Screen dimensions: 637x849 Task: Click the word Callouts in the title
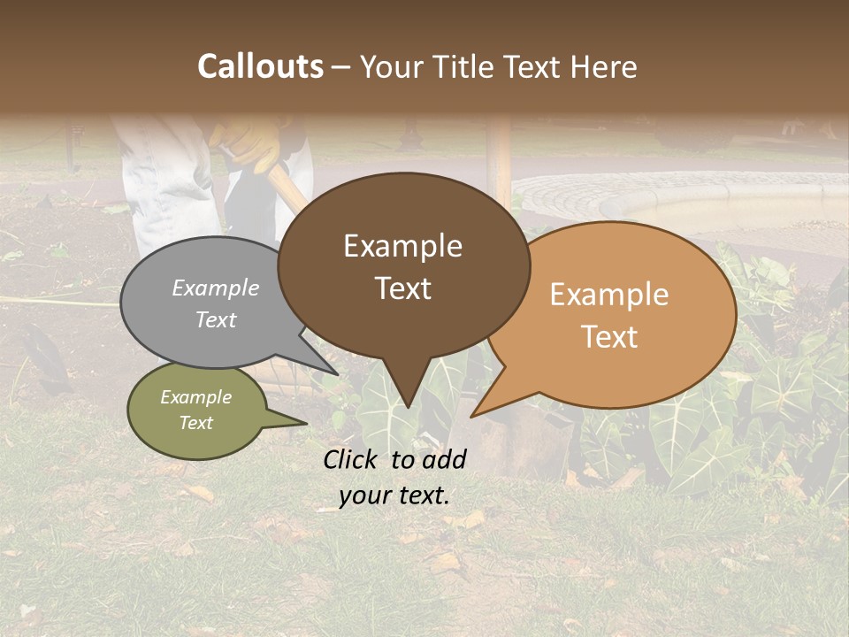tap(260, 66)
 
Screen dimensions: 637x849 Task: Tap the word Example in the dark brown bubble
tap(402, 246)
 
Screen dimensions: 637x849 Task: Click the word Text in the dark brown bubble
tap(402, 288)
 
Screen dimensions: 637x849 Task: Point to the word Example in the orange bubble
tap(609, 295)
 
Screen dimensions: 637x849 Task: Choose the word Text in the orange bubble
tap(609, 337)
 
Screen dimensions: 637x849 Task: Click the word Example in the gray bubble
tap(216, 288)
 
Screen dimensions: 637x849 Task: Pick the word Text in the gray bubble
tap(216, 319)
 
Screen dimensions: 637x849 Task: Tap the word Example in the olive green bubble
tap(195, 397)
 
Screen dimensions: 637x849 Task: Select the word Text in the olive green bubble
tap(195, 423)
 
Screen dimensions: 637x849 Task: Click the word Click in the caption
tap(352, 459)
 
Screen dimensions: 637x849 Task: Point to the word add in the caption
tap(444, 459)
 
